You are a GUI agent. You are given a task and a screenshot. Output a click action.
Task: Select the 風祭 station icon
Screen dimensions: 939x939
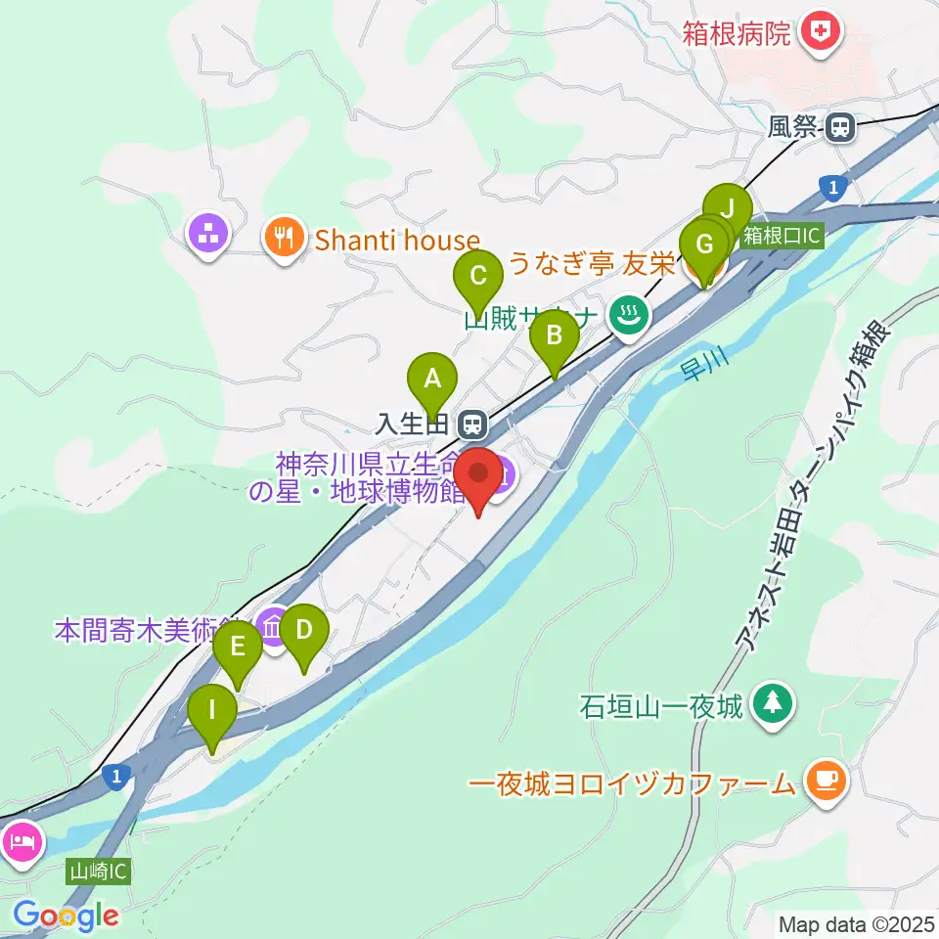coord(838,126)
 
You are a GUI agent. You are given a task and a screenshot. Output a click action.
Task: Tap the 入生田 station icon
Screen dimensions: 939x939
coord(472,425)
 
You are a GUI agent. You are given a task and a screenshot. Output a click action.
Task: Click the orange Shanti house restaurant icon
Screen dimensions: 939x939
coord(284,239)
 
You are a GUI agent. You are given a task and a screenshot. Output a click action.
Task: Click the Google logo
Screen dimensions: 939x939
coord(67,916)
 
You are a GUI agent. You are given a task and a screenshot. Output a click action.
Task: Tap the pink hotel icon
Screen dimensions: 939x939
coord(22,840)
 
